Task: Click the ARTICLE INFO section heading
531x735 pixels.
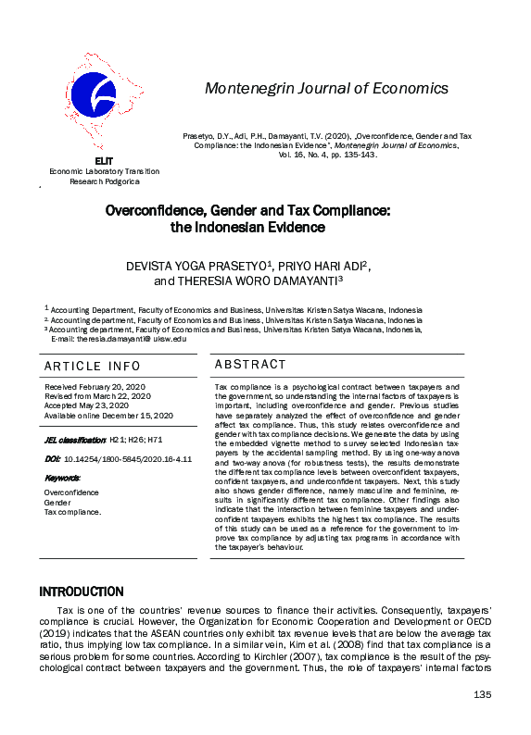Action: tap(93, 367)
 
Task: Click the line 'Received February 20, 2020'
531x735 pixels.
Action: tap(95, 386)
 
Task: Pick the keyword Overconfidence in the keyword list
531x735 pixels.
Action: tap(71, 492)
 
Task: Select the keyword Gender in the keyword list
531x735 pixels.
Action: tap(57, 503)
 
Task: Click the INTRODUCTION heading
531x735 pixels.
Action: tap(81, 592)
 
